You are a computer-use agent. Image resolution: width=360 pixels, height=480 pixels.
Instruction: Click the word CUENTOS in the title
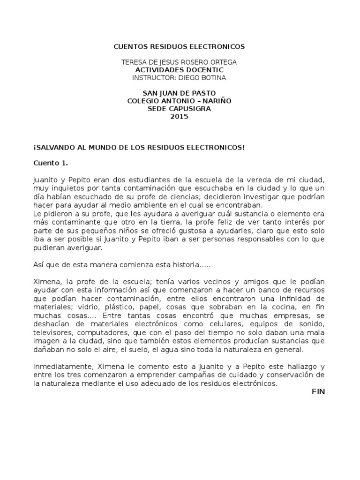point(131,47)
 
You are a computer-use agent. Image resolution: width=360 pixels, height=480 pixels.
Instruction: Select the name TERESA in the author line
point(134,62)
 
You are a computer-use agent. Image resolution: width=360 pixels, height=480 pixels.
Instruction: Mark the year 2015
point(180,117)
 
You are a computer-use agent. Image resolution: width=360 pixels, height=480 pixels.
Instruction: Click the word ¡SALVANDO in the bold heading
point(53,148)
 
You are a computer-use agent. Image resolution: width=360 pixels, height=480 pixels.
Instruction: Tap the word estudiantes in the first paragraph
point(172,180)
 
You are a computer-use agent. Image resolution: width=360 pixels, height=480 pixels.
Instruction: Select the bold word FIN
point(318,391)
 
